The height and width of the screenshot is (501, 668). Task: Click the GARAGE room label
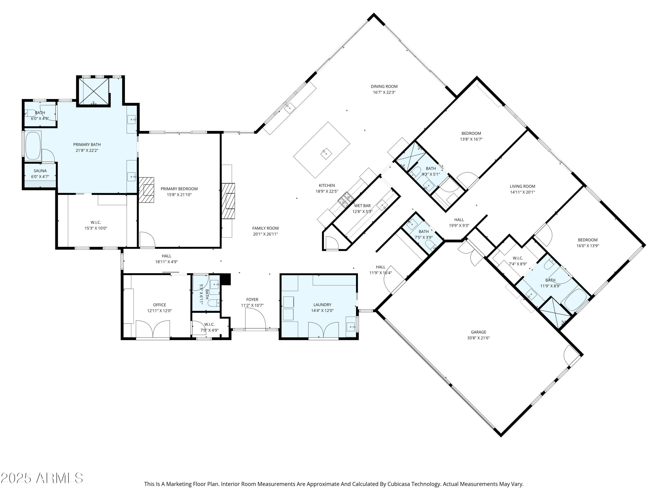pos(478,332)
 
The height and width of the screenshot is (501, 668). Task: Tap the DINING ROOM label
pos(384,86)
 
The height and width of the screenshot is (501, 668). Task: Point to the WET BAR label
pos(362,206)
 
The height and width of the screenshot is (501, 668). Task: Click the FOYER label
pos(252,299)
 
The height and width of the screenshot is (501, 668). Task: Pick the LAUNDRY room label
pos(322,305)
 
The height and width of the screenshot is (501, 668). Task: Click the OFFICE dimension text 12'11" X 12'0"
pos(159,310)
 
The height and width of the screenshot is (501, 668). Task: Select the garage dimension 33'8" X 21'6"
pos(478,338)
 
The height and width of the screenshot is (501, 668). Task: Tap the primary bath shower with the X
pos(94,92)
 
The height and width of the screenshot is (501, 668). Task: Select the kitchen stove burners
pos(346,200)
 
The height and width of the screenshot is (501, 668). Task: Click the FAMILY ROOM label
pos(265,228)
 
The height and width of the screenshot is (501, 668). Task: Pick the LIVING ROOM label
pos(522,186)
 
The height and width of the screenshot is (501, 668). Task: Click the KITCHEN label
pos(327,185)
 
